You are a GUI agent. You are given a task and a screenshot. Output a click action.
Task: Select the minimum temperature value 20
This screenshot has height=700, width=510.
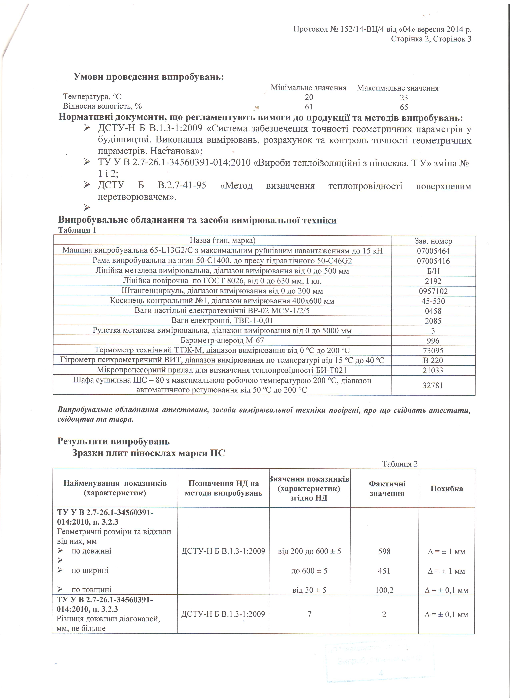[309, 98]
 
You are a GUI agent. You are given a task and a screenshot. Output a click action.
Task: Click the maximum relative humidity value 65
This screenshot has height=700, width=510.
[404, 107]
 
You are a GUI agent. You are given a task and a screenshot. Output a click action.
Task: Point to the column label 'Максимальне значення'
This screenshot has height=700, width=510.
[398, 88]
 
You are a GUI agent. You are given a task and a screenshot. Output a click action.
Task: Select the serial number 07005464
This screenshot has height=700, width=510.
[433, 251]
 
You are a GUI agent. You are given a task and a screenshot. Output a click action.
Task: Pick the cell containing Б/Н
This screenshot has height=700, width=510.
[433, 271]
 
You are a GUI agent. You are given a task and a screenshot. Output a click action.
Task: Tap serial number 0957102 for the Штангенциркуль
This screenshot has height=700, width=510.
[433, 291]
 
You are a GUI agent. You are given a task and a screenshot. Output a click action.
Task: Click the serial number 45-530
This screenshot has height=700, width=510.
[433, 301]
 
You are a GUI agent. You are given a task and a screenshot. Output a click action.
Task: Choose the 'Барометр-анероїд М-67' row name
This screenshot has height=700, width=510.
[222, 341]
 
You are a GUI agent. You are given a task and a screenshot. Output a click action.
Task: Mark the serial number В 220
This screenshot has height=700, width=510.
[433, 360]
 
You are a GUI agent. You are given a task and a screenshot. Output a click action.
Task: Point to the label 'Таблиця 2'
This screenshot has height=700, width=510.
[400, 464]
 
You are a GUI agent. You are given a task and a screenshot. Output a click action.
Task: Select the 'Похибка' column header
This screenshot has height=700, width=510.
[446, 489]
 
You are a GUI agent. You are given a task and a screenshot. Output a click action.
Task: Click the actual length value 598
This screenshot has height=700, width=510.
[384, 551]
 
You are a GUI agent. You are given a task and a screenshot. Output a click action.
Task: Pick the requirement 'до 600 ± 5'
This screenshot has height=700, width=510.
[309, 571]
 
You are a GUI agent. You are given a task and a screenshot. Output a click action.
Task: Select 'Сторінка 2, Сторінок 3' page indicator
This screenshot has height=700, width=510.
[431, 39]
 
